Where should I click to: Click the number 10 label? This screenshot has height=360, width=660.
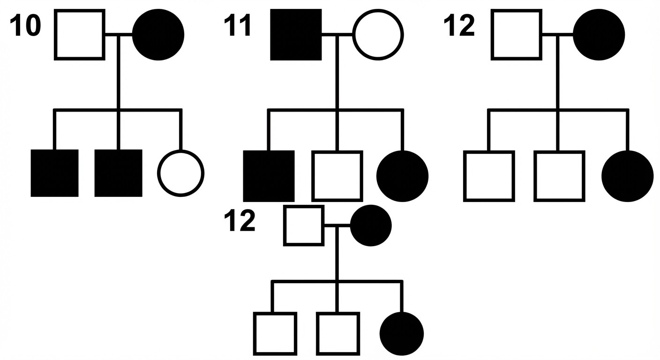pyautogui.click(x=25, y=25)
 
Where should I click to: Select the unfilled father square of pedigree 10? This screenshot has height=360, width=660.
pyautogui.click(x=80, y=35)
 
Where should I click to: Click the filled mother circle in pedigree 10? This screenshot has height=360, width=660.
pyautogui.click(x=158, y=35)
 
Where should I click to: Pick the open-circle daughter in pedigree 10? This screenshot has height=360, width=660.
pyautogui.click(x=181, y=173)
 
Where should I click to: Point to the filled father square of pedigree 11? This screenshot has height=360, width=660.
pyautogui.click(x=296, y=35)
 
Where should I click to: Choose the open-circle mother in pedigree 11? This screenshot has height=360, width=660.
pyautogui.click(x=378, y=35)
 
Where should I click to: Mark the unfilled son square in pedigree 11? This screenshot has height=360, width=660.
pyautogui.click(x=337, y=176)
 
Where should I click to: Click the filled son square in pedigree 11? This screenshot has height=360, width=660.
pyautogui.click(x=269, y=176)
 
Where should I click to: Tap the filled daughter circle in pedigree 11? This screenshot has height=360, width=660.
pyautogui.click(x=403, y=176)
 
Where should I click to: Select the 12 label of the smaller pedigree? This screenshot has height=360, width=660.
pyautogui.click(x=240, y=221)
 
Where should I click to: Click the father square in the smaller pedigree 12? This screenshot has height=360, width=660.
pyautogui.click(x=304, y=225)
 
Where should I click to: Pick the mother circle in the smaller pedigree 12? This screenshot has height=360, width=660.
pyautogui.click(x=371, y=225)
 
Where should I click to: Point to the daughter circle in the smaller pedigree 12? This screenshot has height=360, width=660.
pyautogui.click(x=402, y=334)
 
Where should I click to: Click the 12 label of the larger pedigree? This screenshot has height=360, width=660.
pyautogui.click(x=459, y=25)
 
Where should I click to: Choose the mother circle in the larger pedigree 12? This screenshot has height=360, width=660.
pyautogui.click(x=599, y=35)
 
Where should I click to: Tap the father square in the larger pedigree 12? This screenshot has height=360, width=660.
pyautogui.click(x=517, y=35)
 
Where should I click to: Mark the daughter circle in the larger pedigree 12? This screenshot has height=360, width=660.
pyautogui.click(x=628, y=176)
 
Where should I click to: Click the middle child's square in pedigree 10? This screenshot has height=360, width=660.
pyautogui.click(x=118, y=173)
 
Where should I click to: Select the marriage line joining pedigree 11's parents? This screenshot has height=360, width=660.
pyautogui.click(x=337, y=34)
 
